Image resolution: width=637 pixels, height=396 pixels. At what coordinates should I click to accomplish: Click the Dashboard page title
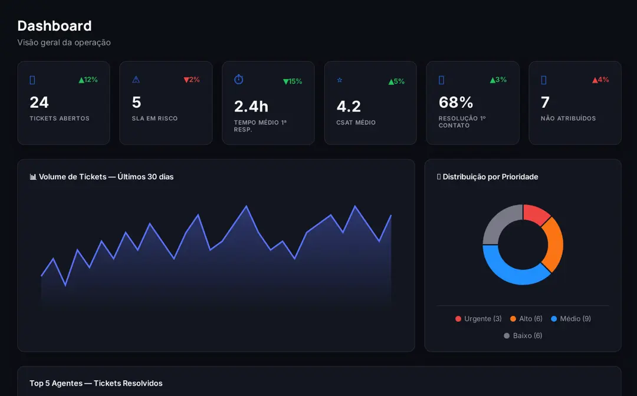click(x=54, y=26)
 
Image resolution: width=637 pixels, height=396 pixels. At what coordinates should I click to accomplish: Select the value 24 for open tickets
click(x=39, y=103)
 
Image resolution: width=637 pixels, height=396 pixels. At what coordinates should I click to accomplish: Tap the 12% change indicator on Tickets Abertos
click(x=88, y=80)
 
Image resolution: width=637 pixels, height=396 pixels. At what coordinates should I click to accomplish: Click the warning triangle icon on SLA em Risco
click(x=136, y=80)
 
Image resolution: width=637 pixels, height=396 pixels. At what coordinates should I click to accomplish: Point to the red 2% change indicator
click(x=192, y=80)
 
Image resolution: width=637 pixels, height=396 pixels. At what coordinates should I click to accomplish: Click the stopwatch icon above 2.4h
click(x=239, y=80)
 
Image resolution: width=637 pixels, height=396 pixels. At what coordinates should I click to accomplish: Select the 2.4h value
click(x=251, y=106)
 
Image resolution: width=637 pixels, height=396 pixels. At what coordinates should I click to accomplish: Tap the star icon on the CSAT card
click(x=340, y=80)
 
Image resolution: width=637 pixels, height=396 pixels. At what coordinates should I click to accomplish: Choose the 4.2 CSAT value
click(x=349, y=106)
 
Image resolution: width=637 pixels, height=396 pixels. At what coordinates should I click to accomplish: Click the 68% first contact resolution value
click(x=456, y=103)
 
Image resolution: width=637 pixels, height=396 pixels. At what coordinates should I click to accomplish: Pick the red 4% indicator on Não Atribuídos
click(x=600, y=80)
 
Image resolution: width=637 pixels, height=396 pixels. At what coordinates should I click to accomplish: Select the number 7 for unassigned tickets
click(x=545, y=103)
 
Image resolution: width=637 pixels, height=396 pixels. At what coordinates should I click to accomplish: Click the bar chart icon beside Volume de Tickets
click(x=33, y=177)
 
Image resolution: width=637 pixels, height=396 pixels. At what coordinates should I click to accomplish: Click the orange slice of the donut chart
click(x=553, y=244)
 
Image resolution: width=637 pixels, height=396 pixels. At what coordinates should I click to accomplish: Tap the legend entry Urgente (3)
click(x=478, y=319)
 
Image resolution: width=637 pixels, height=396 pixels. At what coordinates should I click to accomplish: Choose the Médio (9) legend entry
click(x=571, y=319)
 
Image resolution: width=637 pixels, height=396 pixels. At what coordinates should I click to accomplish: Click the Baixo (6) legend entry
click(x=523, y=335)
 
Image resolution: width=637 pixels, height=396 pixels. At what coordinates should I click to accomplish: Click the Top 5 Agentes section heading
click(x=96, y=384)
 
